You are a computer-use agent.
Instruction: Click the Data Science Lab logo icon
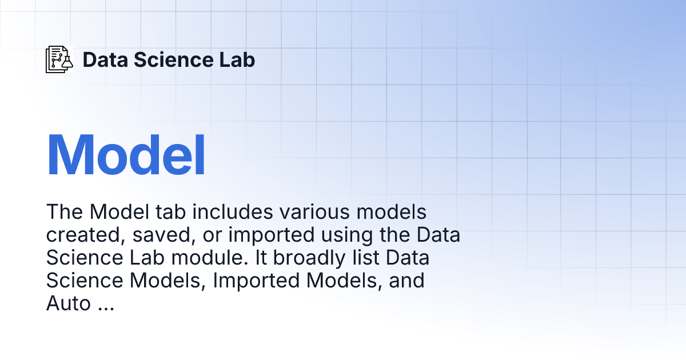[59, 59]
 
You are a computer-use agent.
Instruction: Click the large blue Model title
[126, 155]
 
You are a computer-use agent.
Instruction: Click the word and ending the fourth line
[406, 281]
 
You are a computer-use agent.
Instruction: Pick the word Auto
[68, 303]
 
